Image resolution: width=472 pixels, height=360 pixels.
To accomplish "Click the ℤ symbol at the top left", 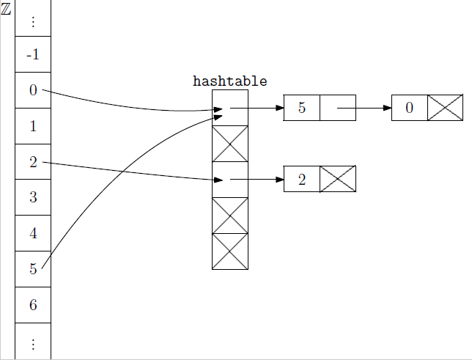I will click(6, 12).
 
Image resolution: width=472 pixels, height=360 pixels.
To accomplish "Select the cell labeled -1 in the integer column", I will click(33, 54).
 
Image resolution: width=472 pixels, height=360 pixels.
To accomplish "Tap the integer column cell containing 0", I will click(33, 90).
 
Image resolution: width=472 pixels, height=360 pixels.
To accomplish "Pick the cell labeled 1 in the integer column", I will click(33, 126).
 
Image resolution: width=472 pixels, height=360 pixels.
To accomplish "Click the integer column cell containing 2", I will click(33, 162).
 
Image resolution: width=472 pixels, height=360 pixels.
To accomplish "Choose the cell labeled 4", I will click(33, 234).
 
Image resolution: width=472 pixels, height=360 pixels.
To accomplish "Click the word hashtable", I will click(229, 81).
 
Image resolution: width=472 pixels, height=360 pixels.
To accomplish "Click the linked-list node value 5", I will click(302, 108).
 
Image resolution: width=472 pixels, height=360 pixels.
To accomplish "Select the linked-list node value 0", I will click(410, 108).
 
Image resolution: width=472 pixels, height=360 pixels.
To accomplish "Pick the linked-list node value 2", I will click(302, 180).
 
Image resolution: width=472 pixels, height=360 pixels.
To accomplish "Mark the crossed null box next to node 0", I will click(446, 108).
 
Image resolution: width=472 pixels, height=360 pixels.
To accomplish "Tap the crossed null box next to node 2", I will click(338, 180).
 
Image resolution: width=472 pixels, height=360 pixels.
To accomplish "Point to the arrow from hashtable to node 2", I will click(257, 179).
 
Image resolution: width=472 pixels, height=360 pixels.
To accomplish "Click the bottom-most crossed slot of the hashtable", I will click(230, 251).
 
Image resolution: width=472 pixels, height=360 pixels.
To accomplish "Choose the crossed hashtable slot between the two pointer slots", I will click(230, 144).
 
